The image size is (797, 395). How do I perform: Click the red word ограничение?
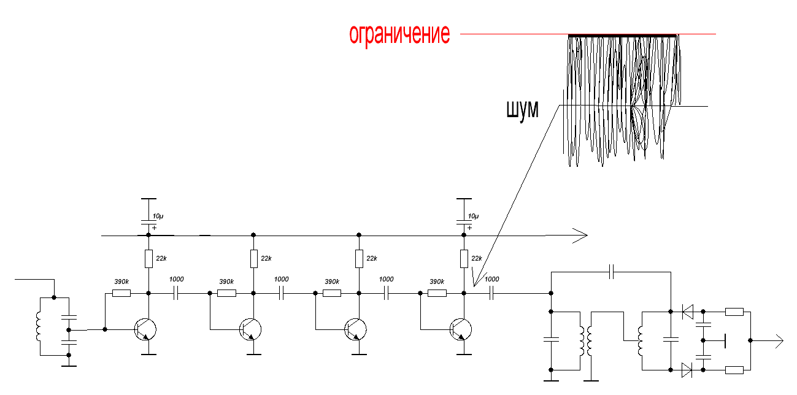click(x=399, y=34)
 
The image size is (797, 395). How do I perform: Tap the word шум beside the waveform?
click(x=522, y=110)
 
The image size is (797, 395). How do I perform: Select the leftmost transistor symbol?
click(x=145, y=329)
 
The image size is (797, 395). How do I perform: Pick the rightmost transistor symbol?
click(x=461, y=329)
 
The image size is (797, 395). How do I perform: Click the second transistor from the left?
click(x=250, y=329)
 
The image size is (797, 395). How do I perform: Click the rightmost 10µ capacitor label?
click(x=474, y=217)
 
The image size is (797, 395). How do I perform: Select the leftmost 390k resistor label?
click(x=121, y=282)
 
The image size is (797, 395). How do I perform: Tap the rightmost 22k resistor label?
click(x=476, y=258)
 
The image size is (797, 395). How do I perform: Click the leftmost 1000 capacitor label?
click(x=176, y=279)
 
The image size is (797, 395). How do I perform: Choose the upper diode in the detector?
click(x=687, y=312)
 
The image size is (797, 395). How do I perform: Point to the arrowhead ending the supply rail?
click(x=580, y=235)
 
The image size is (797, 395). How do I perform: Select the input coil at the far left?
click(x=40, y=326)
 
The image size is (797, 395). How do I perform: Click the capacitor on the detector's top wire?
click(x=612, y=272)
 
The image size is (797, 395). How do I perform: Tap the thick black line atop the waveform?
click(x=623, y=36)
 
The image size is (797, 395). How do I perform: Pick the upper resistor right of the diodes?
click(x=734, y=312)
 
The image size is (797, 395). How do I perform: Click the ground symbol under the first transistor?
click(x=148, y=355)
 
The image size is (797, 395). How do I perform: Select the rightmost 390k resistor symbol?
click(x=437, y=293)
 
